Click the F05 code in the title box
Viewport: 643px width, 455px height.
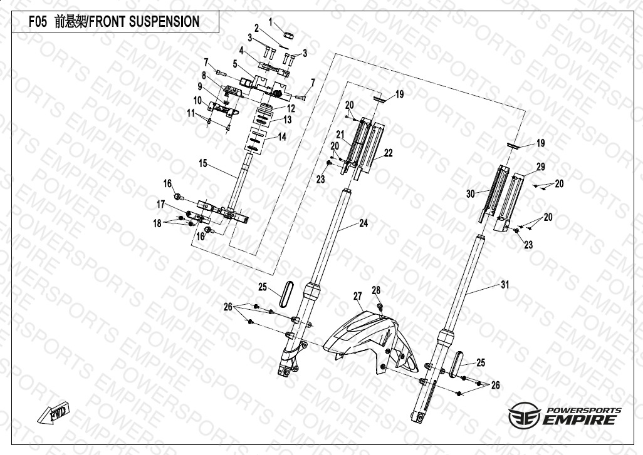39,22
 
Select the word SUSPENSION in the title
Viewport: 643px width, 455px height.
164,22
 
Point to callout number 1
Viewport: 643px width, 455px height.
271,22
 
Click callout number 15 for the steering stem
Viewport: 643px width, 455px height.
202,163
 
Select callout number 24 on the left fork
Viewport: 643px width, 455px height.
363,223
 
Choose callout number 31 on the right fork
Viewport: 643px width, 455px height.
504,284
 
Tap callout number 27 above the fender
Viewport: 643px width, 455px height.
357,295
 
